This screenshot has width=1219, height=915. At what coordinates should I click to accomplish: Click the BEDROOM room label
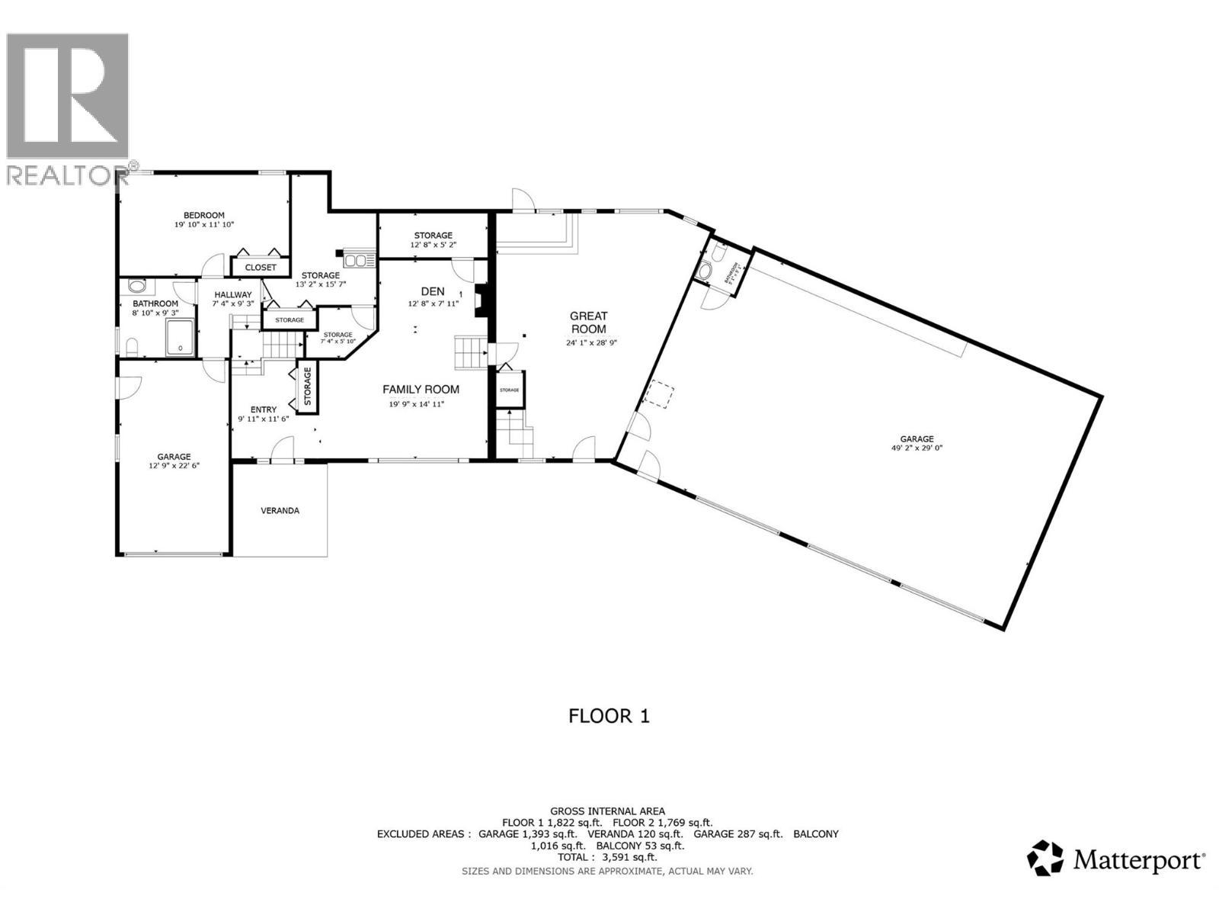[203, 215]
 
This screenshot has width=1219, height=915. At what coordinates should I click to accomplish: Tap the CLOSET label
[261, 268]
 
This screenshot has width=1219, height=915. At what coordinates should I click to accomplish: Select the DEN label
[432, 291]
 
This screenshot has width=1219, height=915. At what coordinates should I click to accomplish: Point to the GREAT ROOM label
[589, 323]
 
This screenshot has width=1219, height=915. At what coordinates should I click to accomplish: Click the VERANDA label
[280, 510]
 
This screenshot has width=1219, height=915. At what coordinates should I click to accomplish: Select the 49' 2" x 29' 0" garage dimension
[917, 448]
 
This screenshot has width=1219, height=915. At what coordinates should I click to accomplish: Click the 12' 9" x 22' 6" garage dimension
[174, 465]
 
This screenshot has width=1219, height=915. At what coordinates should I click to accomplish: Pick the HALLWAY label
[232, 295]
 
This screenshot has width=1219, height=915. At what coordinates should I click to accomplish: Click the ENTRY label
[264, 409]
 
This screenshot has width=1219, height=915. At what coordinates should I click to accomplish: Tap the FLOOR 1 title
[609, 716]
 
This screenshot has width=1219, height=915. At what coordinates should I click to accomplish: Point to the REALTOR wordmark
[69, 175]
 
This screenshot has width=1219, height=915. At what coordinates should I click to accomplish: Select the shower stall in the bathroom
[181, 339]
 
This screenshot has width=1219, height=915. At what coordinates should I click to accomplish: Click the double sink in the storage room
[356, 261]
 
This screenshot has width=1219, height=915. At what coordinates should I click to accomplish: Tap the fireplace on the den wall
[479, 301]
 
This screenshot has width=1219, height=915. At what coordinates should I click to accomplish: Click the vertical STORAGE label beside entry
[308, 386]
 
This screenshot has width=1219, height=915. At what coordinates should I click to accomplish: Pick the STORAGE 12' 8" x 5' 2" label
[433, 239]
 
